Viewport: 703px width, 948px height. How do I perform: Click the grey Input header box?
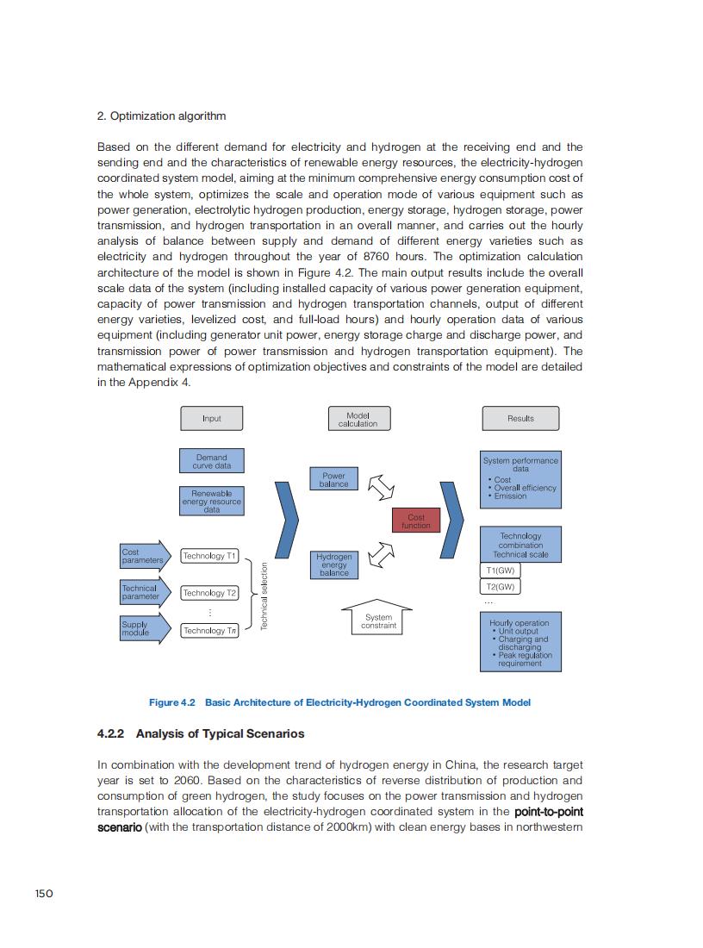pyautogui.click(x=211, y=419)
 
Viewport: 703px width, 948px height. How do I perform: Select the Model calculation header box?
pyautogui.click(x=358, y=419)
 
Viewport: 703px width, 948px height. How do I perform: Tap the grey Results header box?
pyautogui.click(x=520, y=419)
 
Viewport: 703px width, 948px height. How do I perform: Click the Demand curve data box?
pyautogui.click(x=211, y=461)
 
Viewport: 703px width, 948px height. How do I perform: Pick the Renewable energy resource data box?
pyautogui.click(x=211, y=502)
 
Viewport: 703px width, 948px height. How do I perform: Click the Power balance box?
pyautogui.click(x=333, y=480)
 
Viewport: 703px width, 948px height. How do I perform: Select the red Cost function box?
pyautogui.click(x=416, y=521)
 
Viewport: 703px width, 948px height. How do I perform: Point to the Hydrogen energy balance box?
pyautogui.click(x=333, y=564)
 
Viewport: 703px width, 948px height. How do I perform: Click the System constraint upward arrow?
pyautogui.click(x=378, y=619)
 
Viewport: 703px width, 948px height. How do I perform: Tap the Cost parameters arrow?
pyautogui.click(x=143, y=556)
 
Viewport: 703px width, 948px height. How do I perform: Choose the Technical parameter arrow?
pyautogui.click(x=143, y=593)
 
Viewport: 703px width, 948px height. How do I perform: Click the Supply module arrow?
pyautogui.click(x=143, y=629)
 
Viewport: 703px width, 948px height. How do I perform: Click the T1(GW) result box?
pyautogui.click(x=500, y=571)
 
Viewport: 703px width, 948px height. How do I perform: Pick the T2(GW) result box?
pyautogui.click(x=500, y=587)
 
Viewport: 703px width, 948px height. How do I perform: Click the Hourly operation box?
pyautogui.click(x=519, y=642)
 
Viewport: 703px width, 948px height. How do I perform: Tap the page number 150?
pyautogui.click(x=44, y=893)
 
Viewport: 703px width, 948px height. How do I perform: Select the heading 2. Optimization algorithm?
pyautogui.click(x=161, y=115)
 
